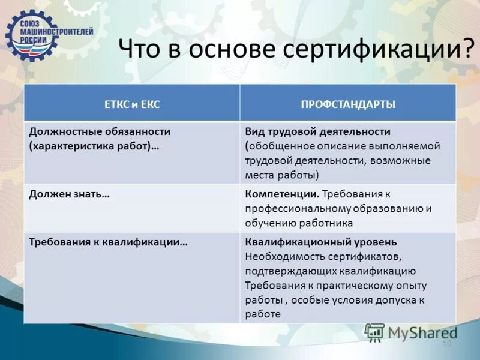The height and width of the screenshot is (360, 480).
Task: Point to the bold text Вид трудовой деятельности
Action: pyautogui.click(x=318, y=131)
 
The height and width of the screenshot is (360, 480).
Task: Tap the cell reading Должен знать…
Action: pyautogui.click(x=69, y=194)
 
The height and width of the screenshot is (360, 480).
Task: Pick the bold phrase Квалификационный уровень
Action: pyautogui.click(x=321, y=242)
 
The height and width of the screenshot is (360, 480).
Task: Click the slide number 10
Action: pyautogui.click(x=446, y=344)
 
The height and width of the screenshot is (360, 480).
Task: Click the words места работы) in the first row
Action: pyautogui.click(x=282, y=175)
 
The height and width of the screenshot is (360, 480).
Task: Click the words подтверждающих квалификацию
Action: pyautogui.click(x=331, y=271)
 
